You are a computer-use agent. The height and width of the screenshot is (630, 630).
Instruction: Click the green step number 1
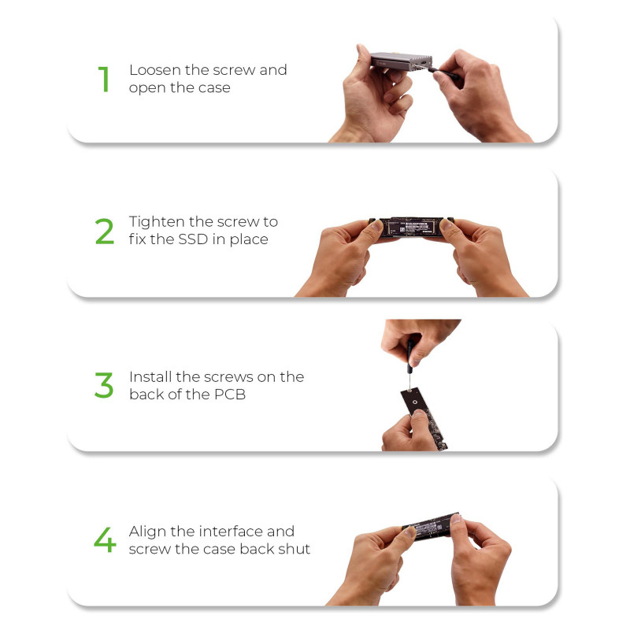pyautogui.click(x=104, y=80)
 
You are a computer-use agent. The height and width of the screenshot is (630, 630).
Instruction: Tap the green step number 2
pyautogui.click(x=105, y=231)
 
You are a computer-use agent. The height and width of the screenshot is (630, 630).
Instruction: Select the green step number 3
pyautogui.click(x=104, y=385)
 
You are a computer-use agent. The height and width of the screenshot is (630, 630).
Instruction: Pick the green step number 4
pyautogui.click(x=105, y=539)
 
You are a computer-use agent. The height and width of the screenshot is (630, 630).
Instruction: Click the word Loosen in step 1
pyautogui.click(x=155, y=70)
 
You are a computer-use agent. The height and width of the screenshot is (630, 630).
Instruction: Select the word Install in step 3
pyautogui.click(x=150, y=377)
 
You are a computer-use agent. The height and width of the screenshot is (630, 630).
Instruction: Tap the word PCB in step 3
pyautogui.click(x=230, y=395)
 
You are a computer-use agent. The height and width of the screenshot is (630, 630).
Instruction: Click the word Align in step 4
pyautogui.click(x=147, y=532)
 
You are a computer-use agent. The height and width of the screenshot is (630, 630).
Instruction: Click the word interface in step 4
pyautogui.click(x=230, y=532)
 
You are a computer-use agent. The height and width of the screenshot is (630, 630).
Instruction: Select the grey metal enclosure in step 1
pyautogui.click(x=401, y=61)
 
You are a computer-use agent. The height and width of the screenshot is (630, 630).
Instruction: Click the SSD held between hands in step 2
pyautogui.click(x=411, y=227)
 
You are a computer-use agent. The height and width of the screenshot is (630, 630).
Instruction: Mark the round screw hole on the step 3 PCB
pyautogui.click(x=415, y=402)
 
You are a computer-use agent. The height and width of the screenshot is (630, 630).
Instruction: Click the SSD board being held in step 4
pyautogui.click(x=432, y=525)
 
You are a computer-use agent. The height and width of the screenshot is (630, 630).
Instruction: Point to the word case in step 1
pyautogui.click(x=217, y=88)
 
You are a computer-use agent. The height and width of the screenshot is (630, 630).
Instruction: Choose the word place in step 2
pyautogui.click(x=249, y=240)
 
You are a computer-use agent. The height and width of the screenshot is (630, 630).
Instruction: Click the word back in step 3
pyautogui.click(x=147, y=395)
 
